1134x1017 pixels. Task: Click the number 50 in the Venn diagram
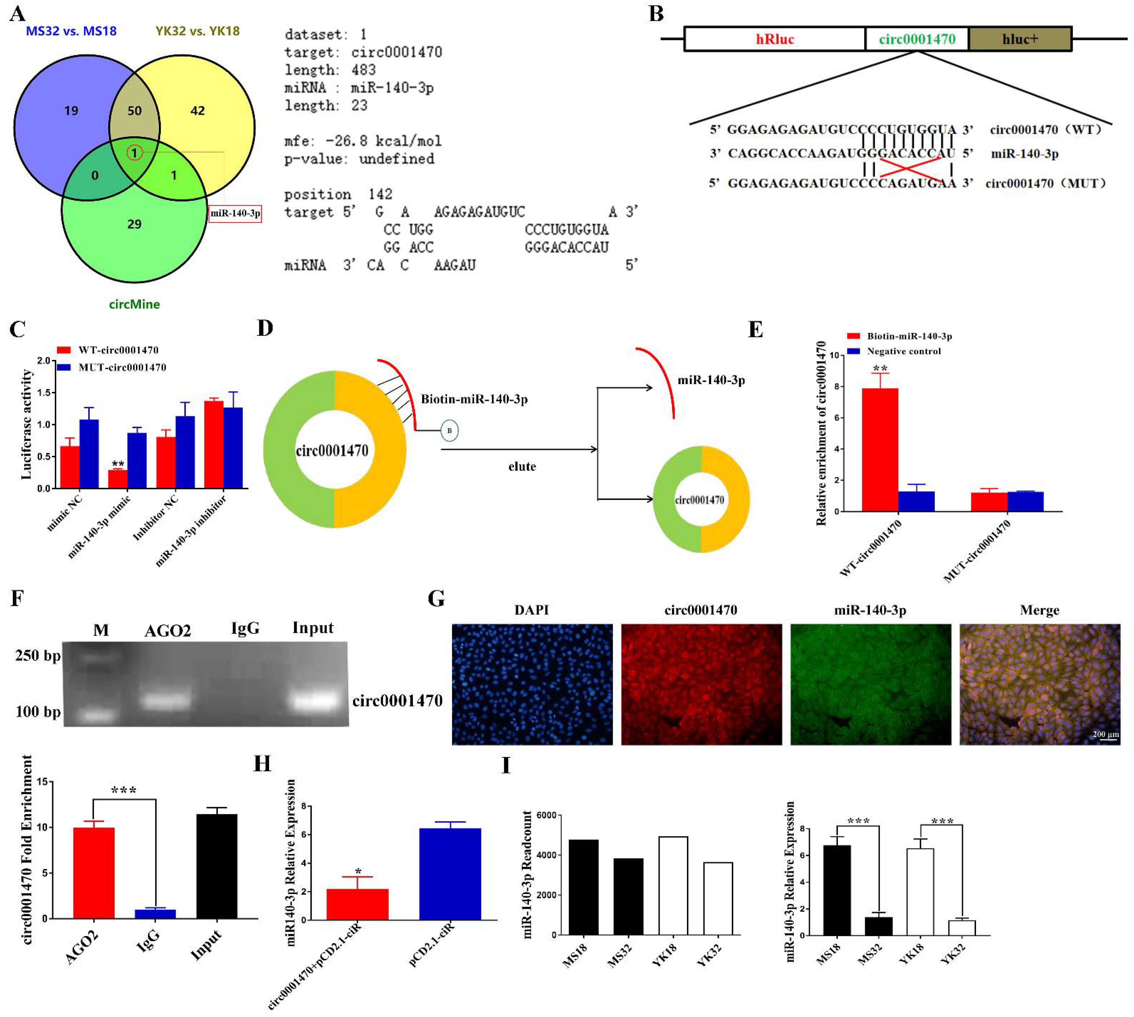134,111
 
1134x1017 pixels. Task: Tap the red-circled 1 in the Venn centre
134,152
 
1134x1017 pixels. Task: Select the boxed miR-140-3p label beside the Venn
235,214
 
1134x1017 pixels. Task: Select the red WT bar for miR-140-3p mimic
117,479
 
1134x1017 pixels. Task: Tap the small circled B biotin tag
449,431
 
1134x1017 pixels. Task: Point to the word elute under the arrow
522,467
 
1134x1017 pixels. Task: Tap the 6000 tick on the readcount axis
546,815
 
